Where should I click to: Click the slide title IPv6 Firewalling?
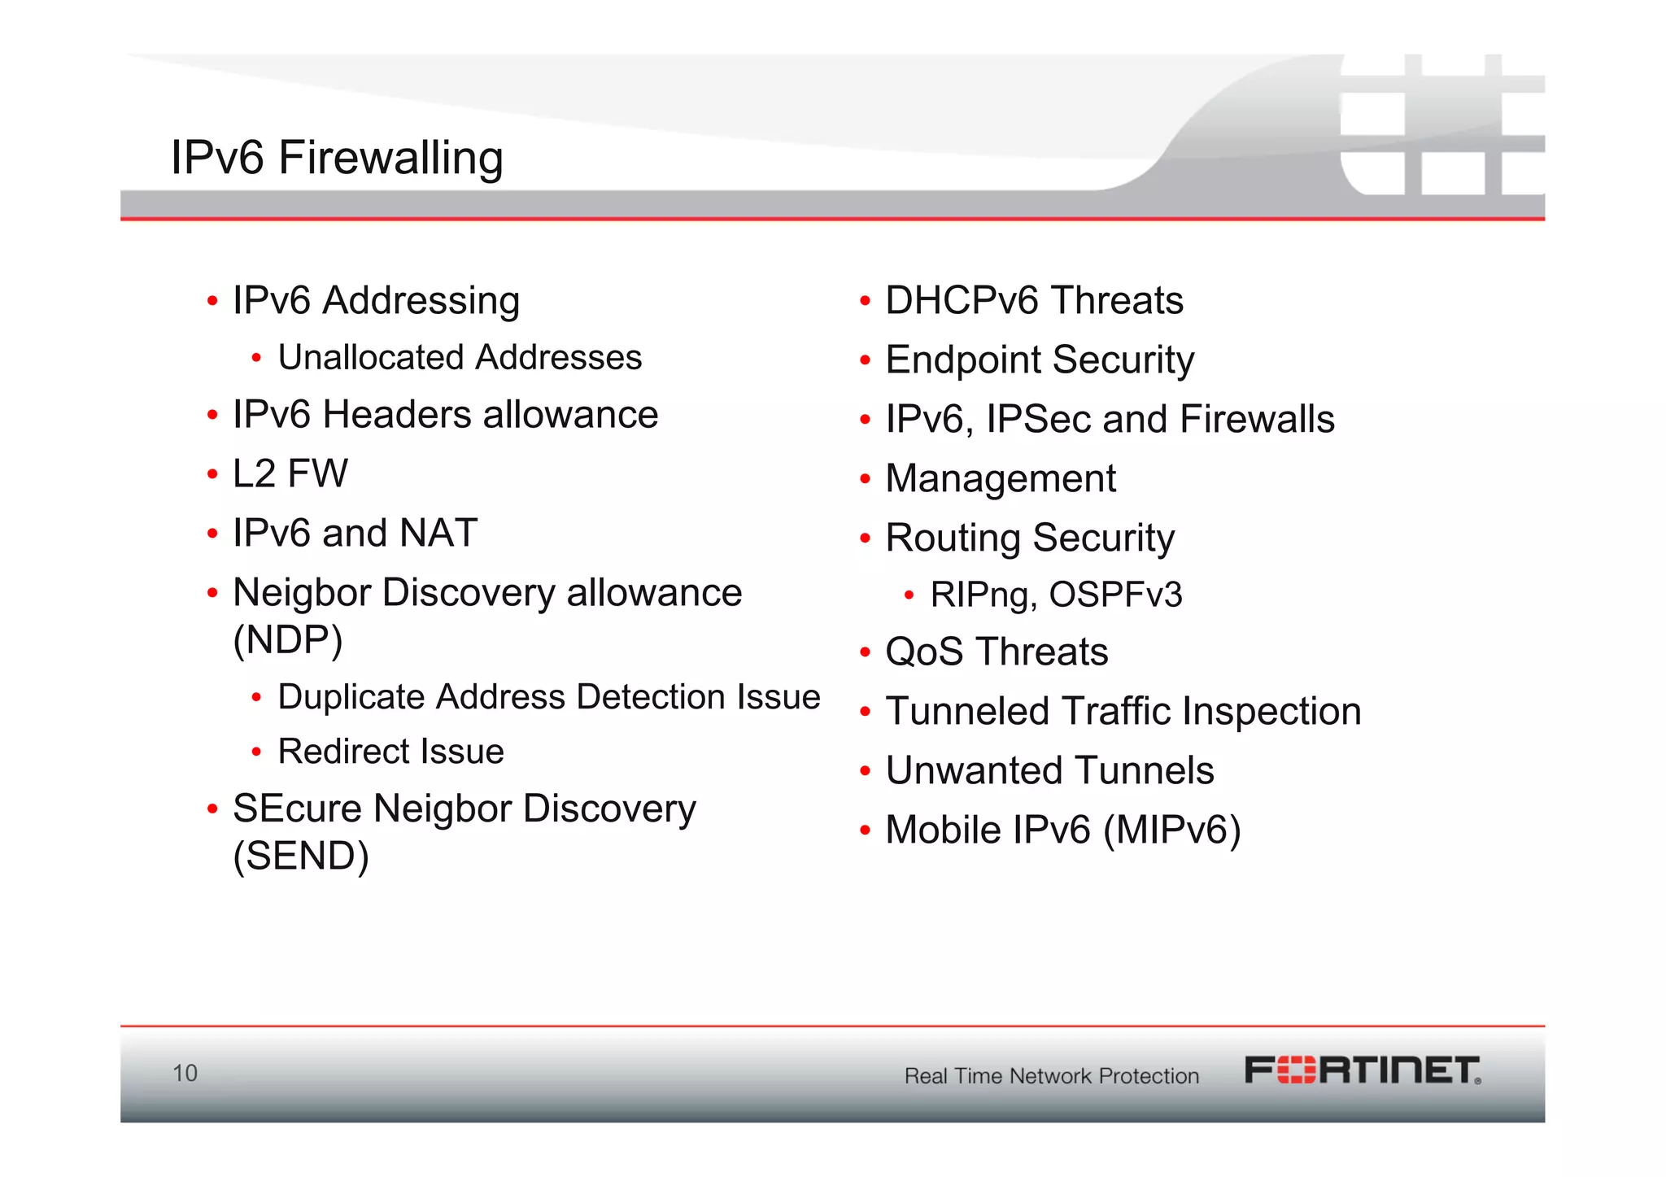click(337, 158)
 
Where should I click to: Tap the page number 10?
click(185, 1073)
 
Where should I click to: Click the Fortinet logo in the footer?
click(1363, 1070)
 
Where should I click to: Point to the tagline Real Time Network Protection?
click(1051, 1076)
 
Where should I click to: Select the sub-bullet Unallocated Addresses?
click(460, 358)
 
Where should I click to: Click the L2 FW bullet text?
click(290, 474)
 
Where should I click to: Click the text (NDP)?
click(288, 640)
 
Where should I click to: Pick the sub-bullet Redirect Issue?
click(390, 752)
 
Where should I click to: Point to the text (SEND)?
click(301, 856)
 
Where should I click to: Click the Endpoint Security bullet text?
click(1040, 360)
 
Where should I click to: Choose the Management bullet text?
click(1001, 479)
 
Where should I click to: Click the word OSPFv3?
click(1115, 595)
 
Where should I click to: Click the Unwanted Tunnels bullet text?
click(1049, 771)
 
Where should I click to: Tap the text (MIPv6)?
click(1172, 830)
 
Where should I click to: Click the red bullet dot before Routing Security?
click(865, 538)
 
